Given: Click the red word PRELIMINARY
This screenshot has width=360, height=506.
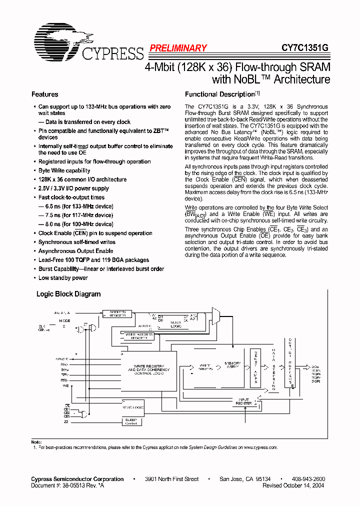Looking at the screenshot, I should (x=177, y=48).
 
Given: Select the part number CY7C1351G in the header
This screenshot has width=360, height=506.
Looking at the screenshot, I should (x=304, y=48).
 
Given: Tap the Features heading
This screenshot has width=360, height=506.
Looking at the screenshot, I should (x=44, y=94).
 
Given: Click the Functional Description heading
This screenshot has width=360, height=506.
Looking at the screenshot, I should (x=220, y=94).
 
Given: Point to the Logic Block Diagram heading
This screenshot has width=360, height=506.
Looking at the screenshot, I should (x=68, y=294).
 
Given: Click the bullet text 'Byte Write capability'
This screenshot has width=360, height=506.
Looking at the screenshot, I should (x=64, y=170).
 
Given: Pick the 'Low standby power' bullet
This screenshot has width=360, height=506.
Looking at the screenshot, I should (x=63, y=278).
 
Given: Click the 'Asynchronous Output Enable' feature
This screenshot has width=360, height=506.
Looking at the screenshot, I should (x=75, y=251).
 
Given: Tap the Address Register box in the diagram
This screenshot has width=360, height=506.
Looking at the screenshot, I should (x=118, y=313).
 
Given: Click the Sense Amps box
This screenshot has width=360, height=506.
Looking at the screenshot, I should (x=255, y=366).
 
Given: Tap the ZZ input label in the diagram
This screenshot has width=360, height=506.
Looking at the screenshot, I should (x=66, y=421).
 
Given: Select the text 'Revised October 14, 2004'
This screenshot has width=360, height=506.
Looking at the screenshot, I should (x=293, y=485).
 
